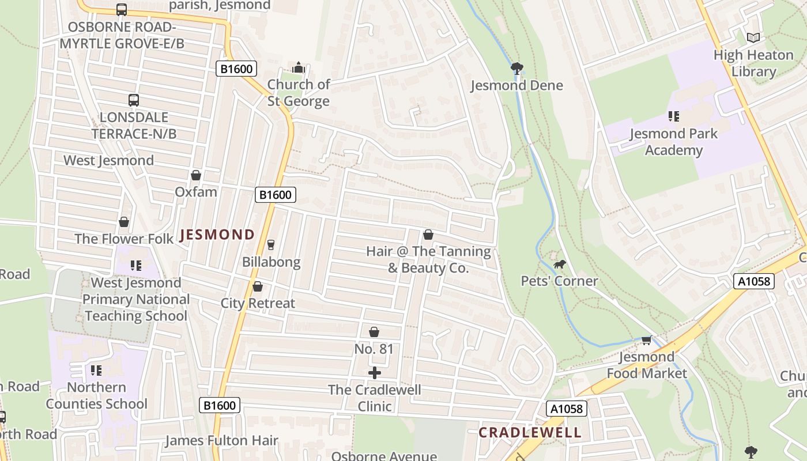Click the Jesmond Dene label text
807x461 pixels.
coord(516,85)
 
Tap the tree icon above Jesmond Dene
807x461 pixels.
coord(516,69)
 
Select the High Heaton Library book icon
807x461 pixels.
coord(753,38)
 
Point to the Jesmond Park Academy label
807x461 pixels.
coord(673,142)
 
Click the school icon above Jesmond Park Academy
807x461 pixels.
coord(673,116)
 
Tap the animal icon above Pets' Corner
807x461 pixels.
coord(559,264)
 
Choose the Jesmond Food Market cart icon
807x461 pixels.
coord(646,341)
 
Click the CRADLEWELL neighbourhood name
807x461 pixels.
coord(530,433)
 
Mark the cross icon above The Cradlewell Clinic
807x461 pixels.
coord(374,373)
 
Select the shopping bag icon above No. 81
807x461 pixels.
coord(374,332)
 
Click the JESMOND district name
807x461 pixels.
coord(217,235)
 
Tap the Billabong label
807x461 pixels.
coord(271,262)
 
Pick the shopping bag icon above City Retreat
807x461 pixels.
coord(258,286)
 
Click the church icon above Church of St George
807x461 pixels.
coord(298,67)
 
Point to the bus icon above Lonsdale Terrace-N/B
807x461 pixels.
coord(134,100)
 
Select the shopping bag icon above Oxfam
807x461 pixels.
coord(196,175)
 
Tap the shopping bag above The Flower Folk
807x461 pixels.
coord(124,222)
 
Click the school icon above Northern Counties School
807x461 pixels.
coord(96,370)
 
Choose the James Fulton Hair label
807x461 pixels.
coord(221,441)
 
